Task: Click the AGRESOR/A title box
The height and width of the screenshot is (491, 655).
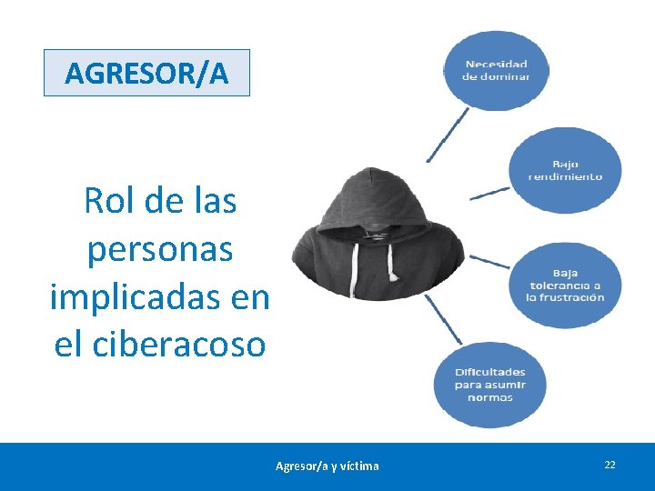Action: (x=146, y=73)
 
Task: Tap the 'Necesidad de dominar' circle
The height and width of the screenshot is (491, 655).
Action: (x=496, y=70)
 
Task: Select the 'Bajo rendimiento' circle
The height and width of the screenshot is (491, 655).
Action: (x=566, y=170)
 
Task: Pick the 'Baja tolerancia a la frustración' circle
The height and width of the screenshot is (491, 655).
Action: (x=565, y=285)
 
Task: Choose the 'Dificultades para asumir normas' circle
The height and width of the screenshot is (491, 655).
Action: (x=490, y=385)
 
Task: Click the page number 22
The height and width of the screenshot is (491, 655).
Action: (x=610, y=465)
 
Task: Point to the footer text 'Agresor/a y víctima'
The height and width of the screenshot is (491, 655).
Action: (x=327, y=466)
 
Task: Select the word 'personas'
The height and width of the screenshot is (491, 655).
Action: (x=160, y=249)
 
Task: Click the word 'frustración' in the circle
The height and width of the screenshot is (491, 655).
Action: (x=572, y=297)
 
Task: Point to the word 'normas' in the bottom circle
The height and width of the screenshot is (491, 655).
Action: (x=490, y=397)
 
